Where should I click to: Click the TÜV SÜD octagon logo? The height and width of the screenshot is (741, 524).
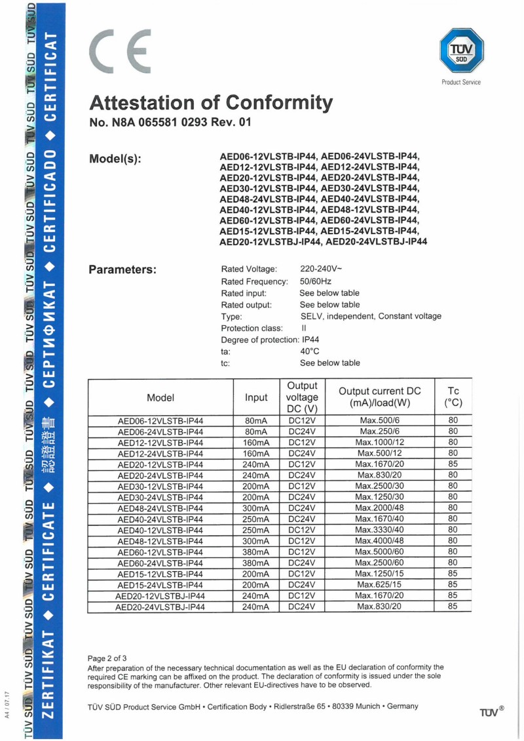pos(461,52)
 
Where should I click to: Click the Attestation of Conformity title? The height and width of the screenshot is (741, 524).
pos(210,103)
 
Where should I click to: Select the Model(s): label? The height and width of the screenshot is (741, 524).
pos(115,159)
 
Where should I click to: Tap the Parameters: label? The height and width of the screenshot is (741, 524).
pos(122,270)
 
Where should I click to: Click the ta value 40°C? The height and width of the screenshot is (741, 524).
pos(309,351)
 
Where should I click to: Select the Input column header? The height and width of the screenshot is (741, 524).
pos(256,397)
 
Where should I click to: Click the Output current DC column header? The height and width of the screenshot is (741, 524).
pos(379,397)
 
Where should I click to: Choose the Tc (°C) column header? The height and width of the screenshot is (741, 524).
pos(453,397)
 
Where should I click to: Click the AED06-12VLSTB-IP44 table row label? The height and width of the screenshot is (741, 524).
pos(160,420)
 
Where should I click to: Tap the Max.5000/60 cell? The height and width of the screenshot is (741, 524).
pos(380,552)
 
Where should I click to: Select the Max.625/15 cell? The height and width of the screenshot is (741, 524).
pos(380,585)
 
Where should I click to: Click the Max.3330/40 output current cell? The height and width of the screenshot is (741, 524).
pos(380,530)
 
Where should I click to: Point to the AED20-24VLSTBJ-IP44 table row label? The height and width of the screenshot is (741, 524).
pos(160,607)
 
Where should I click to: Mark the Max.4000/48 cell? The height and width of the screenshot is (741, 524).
pos(380,541)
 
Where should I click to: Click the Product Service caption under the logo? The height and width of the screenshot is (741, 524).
pos(461,82)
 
